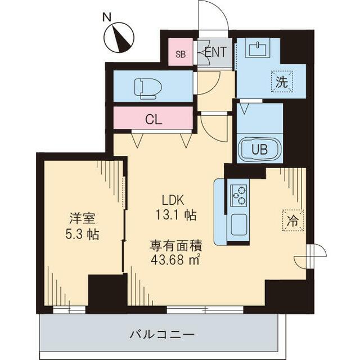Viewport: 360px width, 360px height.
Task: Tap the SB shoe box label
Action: point(180,54)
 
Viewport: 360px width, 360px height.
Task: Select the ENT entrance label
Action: point(215,52)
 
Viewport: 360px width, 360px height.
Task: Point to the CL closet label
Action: point(153,119)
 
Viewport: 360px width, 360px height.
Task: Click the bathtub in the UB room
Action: point(259,150)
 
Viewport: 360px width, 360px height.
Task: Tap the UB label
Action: point(259,150)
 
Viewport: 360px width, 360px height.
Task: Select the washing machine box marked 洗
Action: point(282,81)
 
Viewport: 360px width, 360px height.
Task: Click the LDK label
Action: point(173,200)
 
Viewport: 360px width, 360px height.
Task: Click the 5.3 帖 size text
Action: point(82,233)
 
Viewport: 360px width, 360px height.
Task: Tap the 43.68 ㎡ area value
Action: point(175,260)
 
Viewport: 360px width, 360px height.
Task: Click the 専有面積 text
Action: point(175,245)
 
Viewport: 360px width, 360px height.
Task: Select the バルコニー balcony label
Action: point(162,334)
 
